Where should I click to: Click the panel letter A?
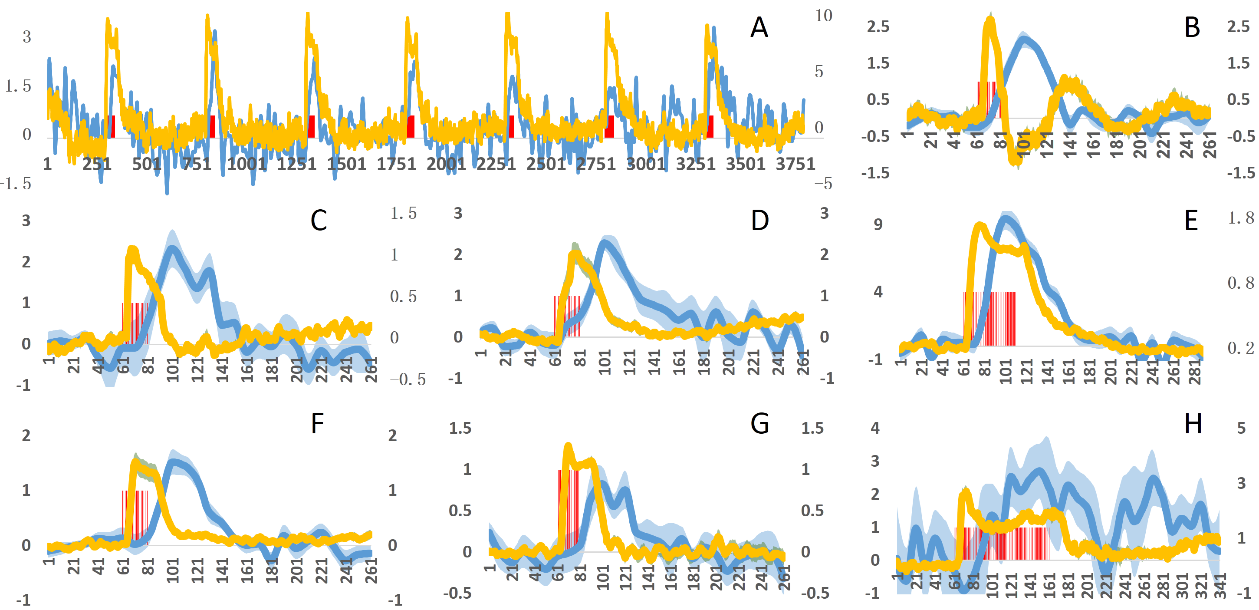[x=759, y=27]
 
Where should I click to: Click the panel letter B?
[x=1192, y=27]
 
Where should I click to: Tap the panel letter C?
[x=319, y=221]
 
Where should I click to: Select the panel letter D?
[x=760, y=221]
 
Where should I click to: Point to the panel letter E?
[x=1191, y=221]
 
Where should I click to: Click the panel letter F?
[x=318, y=423]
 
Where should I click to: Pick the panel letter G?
[x=760, y=423]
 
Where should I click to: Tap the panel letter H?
[x=1193, y=423]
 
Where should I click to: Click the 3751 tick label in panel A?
[x=795, y=164]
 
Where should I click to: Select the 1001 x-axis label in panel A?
[x=247, y=164]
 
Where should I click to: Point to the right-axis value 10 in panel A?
[x=824, y=16]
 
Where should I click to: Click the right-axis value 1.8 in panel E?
[x=1241, y=218]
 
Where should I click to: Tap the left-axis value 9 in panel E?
[x=878, y=225]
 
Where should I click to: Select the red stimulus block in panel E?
[x=989, y=319]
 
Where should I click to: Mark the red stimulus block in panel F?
[x=135, y=517]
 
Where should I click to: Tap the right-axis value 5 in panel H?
[x=1241, y=428]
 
